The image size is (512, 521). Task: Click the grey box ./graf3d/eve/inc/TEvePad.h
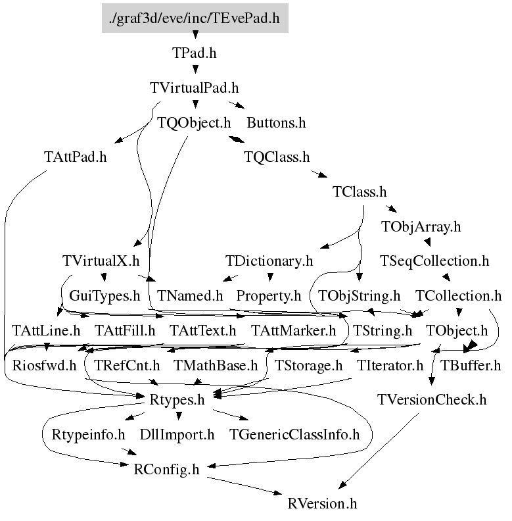195,18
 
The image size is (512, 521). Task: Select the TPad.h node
195,53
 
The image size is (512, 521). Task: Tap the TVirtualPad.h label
195,87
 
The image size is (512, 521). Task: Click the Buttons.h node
276,122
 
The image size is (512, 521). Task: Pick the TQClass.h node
276,157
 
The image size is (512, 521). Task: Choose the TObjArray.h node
421,227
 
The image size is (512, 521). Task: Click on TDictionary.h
269,261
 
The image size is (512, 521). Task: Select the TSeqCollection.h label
434,261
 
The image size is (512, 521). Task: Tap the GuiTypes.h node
105,296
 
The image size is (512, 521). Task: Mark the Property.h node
268,296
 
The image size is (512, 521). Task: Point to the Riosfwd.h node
44,365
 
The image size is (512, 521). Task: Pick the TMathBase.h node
216,365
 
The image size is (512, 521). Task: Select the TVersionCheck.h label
432,400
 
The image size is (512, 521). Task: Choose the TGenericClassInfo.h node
294,435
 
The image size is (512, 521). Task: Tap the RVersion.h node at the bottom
322,504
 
